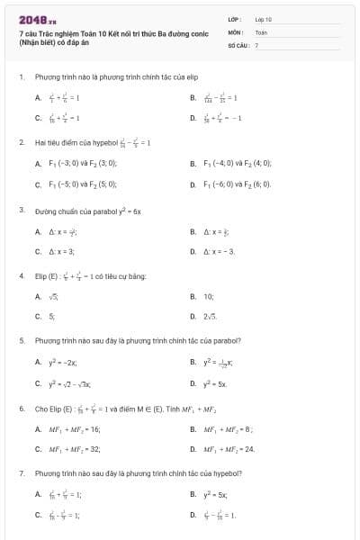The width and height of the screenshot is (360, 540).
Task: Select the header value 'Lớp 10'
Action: coord(263,19)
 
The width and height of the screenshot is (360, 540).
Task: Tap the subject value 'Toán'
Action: coord(261,31)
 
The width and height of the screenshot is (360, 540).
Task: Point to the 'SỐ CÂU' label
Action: coord(237,44)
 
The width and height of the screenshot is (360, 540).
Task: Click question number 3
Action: coord(21,210)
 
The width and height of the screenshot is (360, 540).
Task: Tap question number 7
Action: coord(21,472)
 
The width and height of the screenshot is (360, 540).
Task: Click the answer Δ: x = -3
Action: coord(220,252)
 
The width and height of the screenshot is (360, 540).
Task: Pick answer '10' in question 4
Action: coord(208,295)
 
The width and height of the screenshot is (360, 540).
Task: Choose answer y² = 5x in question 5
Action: coord(216,383)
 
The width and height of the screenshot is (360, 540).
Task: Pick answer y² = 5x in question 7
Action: coord(216,493)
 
